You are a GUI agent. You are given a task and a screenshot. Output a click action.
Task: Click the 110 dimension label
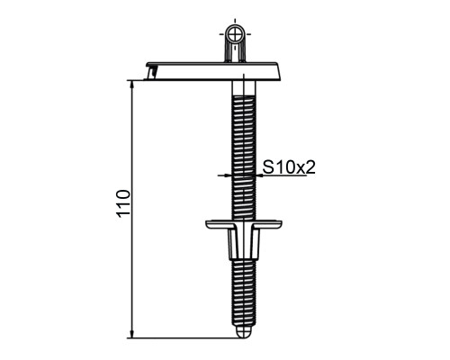[x=123, y=203]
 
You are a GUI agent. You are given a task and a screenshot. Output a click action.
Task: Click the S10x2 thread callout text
[x=289, y=167]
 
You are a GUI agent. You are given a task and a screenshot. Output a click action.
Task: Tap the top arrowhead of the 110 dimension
[x=131, y=85]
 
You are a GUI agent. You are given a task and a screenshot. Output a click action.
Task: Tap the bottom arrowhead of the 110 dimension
[x=131, y=334]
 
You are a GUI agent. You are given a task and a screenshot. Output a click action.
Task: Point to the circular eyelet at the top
[x=235, y=34]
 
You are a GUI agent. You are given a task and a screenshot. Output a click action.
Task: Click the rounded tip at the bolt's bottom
[x=244, y=332]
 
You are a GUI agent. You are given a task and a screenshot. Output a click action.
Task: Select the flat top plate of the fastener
[x=213, y=71]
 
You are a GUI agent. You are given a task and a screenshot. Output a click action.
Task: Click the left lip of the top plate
[x=152, y=72]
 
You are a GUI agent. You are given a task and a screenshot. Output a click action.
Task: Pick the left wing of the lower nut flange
[x=220, y=224]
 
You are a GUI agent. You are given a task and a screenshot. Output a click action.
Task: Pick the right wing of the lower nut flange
[x=267, y=224]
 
